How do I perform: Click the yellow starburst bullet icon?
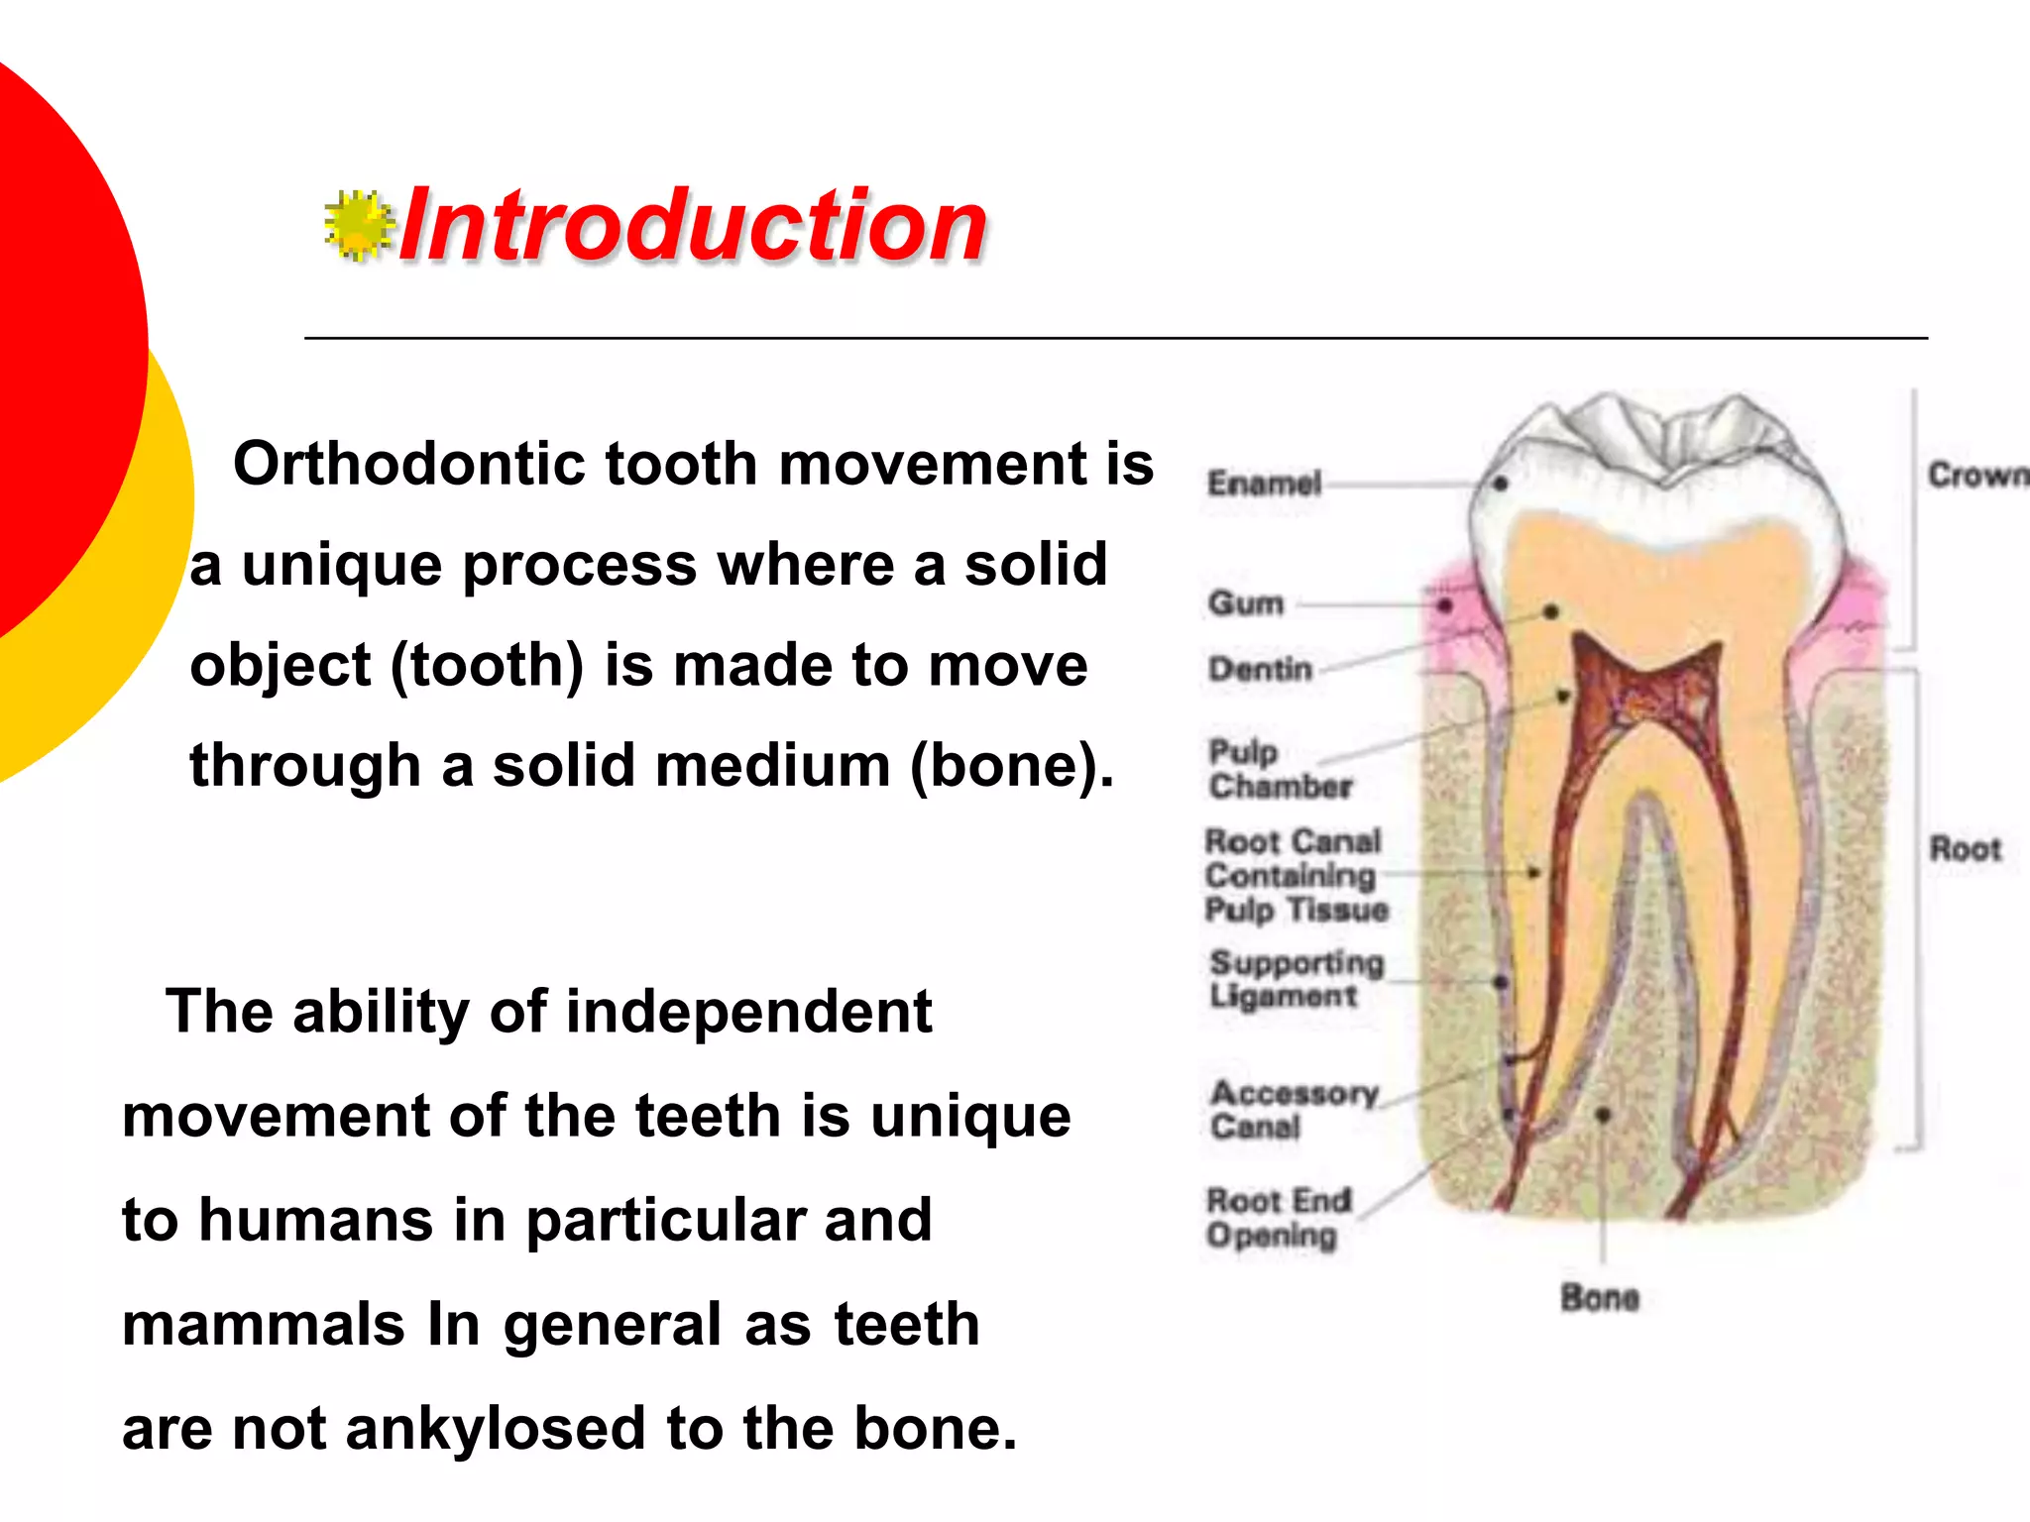(357, 226)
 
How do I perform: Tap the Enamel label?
(1264, 484)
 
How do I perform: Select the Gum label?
(1246, 602)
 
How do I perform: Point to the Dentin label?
(1260, 669)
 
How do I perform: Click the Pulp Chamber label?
(1279, 769)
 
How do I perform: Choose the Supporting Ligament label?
(1296, 978)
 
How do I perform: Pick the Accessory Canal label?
(1294, 1109)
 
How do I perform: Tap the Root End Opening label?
(1278, 1218)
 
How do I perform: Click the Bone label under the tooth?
(1599, 1297)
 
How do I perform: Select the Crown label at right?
(1976, 475)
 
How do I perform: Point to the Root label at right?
(1965, 849)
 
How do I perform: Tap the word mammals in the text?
(263, 1324)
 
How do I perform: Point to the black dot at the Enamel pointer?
(1501, 484)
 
